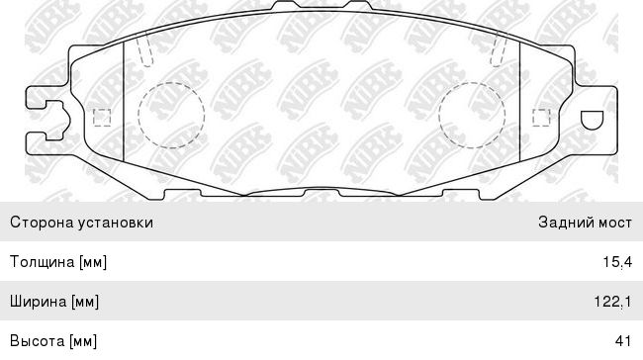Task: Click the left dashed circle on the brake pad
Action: (138, 115)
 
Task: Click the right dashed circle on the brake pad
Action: (438, 115)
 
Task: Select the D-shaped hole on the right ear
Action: (593, 121)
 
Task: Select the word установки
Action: (116, 224)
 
